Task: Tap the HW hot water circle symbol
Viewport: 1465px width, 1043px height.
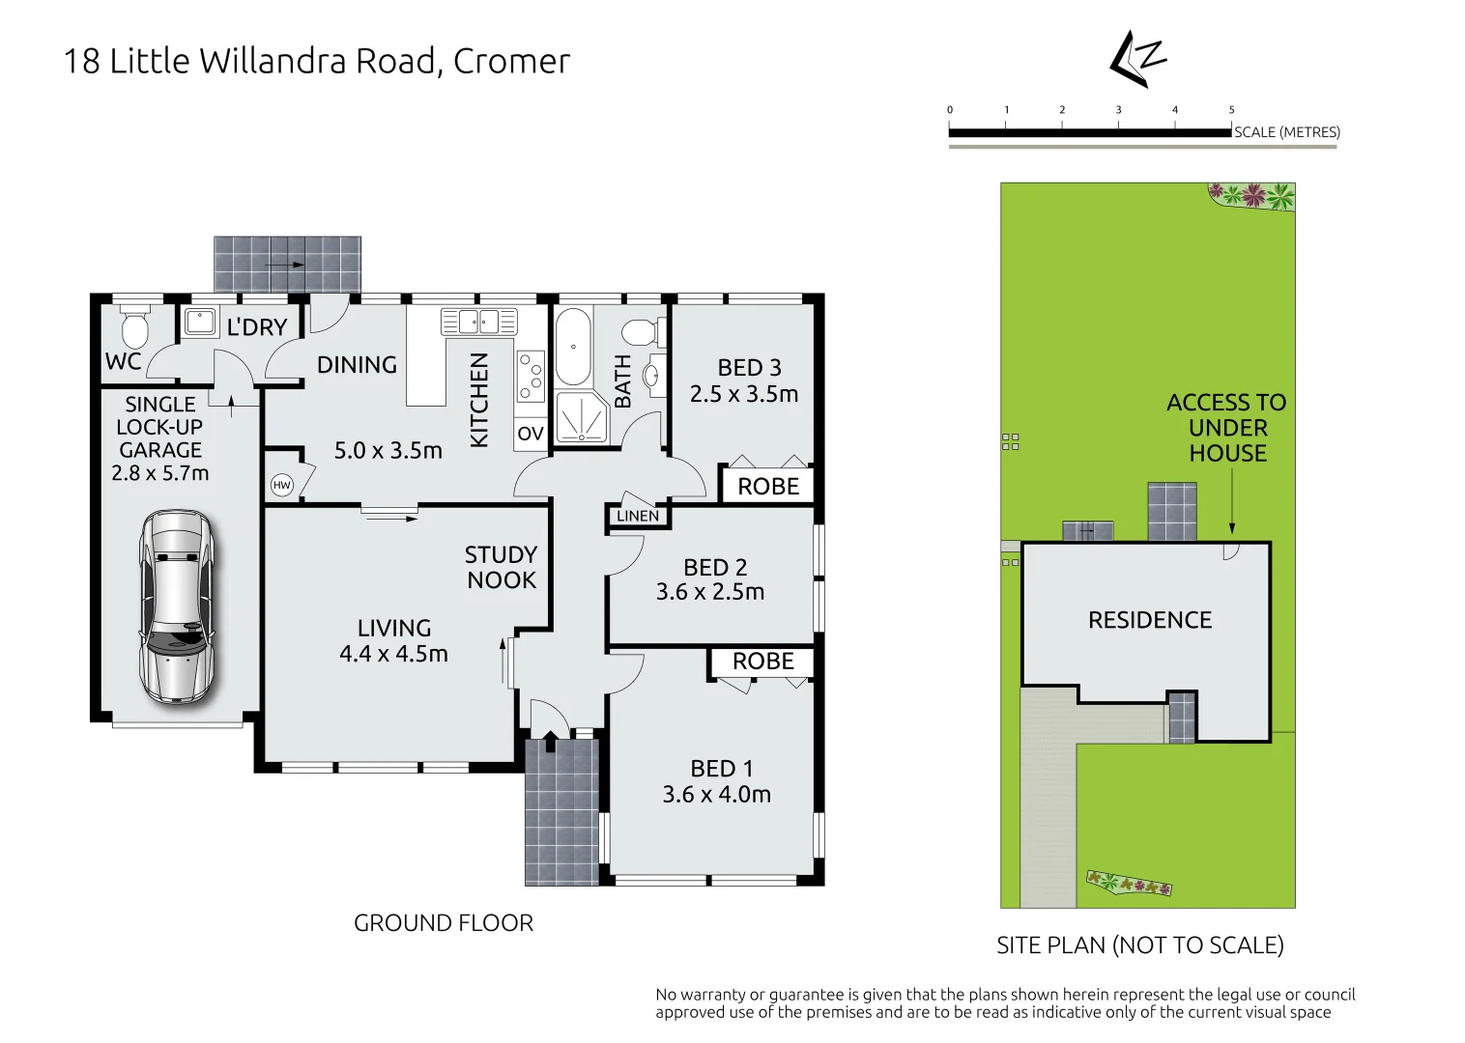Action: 281,485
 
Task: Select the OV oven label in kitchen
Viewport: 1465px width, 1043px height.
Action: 530,434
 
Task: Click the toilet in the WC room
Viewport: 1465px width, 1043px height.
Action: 134,327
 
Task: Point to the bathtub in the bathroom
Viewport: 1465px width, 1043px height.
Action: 573,347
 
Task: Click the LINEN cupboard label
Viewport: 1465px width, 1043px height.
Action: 638,517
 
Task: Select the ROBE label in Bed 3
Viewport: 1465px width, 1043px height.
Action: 768,487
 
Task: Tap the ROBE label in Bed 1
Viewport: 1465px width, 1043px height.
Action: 762,662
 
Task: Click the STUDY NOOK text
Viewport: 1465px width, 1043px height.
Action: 501,567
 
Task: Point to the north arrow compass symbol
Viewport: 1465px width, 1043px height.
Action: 1137,59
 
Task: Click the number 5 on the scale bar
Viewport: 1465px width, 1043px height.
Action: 1231,110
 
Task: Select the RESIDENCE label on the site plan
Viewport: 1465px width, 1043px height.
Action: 1149,620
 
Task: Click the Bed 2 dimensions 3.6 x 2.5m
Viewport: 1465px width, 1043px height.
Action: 710,592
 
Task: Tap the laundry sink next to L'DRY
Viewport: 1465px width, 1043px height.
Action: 200,322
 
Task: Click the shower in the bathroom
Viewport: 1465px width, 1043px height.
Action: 582,417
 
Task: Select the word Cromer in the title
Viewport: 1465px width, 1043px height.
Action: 511,61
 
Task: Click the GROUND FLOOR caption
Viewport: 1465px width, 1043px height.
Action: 443,923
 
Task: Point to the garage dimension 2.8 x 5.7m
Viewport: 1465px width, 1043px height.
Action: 160,473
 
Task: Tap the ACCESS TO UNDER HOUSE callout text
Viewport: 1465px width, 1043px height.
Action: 1226,428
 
